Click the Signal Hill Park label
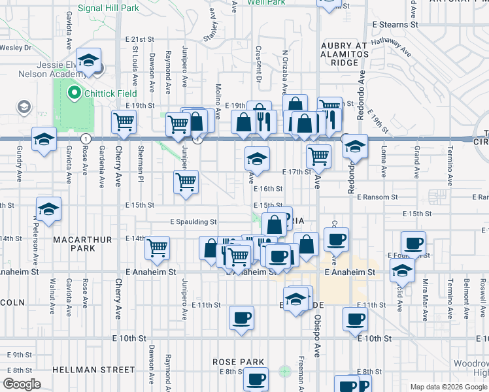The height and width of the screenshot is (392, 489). coord(108,8)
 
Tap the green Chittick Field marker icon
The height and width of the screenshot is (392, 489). coord(74,93)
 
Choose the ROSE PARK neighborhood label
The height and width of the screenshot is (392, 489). coord(238,362)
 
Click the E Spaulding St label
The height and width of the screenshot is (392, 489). coord(193,222)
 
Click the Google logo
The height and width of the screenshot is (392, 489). coord(22,384)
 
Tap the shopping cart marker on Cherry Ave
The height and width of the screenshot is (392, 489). coord(124,121)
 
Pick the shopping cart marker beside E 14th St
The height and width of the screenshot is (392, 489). coord(158,248)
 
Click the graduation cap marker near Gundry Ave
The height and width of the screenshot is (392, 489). coord(44,139)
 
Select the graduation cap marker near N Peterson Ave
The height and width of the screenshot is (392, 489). coord(48,209)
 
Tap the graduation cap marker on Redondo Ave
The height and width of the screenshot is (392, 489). coord(355,146)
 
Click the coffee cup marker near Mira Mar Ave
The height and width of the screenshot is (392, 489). coord(413,244)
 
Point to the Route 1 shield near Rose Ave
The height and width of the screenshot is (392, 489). coord(85,139)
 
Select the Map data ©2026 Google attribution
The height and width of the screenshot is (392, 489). coord(448,386)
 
